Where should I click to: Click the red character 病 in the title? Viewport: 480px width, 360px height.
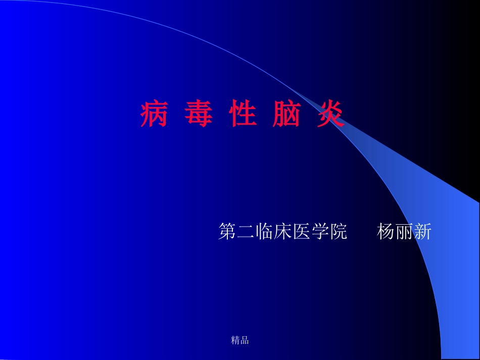pos(154,116)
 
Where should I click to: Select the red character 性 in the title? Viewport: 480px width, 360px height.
pos(243,116)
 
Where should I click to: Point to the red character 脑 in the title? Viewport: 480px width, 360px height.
pos(286,116)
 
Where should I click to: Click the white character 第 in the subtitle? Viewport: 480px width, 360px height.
pos(227,232)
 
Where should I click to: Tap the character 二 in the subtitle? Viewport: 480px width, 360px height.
pos(246,232)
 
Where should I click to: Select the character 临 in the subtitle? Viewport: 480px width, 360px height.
pos(265,232)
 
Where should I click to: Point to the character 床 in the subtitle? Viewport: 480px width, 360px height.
pos(283,232)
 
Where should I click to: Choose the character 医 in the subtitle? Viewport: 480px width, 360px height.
pos(302,232)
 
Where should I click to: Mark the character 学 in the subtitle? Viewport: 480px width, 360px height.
pos(320,232)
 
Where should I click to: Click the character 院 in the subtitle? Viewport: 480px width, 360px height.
pos(339,232)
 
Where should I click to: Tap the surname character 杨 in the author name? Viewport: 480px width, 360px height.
pos(386,232)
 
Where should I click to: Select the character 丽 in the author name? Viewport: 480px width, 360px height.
pos(404,232)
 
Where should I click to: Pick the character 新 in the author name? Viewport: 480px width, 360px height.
pos(422,232)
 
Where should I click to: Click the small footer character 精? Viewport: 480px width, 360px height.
pos(235,340)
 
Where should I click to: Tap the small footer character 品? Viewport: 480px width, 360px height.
pos(245,340)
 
